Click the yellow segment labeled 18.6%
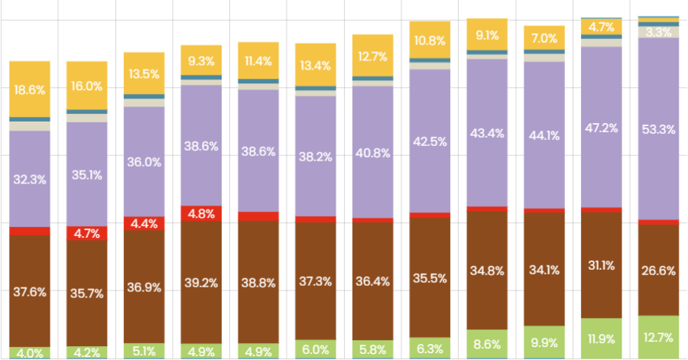click(29, 89)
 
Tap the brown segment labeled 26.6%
click(658, 270)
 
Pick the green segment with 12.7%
click(658, 336)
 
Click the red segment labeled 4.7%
click(86, 234)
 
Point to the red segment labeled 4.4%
click(144, 224)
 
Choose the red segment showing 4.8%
click(201, 214)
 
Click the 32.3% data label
click(29, 180)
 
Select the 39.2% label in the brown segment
click(201, 282)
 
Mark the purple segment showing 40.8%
click(372, 152)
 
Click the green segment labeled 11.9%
click(601, 338)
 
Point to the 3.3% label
click(658, 32)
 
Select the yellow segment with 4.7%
click(601, 27)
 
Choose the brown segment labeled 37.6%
click(29, 291)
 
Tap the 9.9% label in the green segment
click(544, 342)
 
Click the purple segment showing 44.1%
click(544, 135)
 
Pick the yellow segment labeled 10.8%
click(430, 40)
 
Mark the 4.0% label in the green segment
click(29, 352)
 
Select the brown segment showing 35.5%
click(430, 277)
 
